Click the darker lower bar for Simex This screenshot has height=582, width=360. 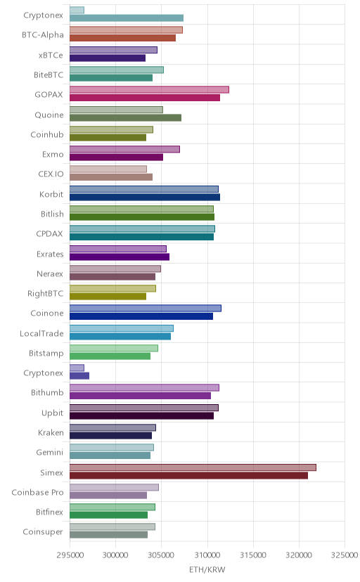[x=188, y=475]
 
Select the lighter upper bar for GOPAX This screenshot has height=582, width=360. [x=149, y=89]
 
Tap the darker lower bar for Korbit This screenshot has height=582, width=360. [x=145, y=197]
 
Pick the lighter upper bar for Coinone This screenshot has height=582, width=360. [x=146, y=308]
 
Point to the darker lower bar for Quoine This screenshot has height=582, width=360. [x=125, y=117]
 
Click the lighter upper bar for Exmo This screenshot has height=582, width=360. [x=124, y=149]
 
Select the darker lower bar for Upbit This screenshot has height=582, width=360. [x=141, y=415]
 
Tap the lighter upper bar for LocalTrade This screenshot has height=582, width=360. [x=122, y=328]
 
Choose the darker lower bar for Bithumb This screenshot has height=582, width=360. [x=141, y=396]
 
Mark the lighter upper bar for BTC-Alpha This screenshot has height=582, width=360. [x=126, y=30]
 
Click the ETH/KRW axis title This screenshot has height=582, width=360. [x=207, y=570]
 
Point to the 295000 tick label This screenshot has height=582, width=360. [x=70, y=555]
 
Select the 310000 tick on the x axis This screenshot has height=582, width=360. [x=207, y=555]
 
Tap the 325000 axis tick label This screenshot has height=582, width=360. [x=344, y=555]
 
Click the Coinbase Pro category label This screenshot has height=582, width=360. [x=37, y=493]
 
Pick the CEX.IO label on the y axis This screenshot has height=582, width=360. [x=51, y=174]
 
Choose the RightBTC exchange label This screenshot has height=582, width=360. [x=45, y=294]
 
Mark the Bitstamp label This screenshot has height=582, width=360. [x=46, y=354]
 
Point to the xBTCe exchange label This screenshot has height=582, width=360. [x=51, y=56]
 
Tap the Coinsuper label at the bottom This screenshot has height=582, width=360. [x=43, y=532]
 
